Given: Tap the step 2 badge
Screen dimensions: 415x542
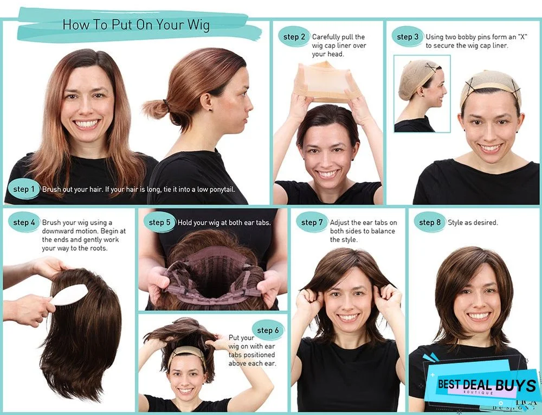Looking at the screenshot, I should pyautogui.click(x=294, y=37).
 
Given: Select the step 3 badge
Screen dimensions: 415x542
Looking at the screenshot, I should pyautogui.click(x=408, y=37).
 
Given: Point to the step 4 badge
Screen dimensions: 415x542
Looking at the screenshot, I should pyautogui.click(x=24, y=222).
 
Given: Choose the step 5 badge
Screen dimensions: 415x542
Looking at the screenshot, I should pyautogui.click(x=159, y=222).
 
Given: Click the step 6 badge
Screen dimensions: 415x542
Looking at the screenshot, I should pyautogui.click(x=268, y=330).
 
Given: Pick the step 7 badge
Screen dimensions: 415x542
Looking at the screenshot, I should pyautogui.click(x=312, y=222).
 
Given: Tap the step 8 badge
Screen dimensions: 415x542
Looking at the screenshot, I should pyautogui.click(x=430, y=222).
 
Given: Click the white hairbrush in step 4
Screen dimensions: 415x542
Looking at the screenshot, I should pyautogui.click(x=69, y=295).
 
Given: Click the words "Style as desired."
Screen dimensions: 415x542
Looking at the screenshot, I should pyautogui.click(x=473, y=222).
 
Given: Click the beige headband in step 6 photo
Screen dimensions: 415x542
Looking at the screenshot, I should pyautogui.click(x=186, y=353).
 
